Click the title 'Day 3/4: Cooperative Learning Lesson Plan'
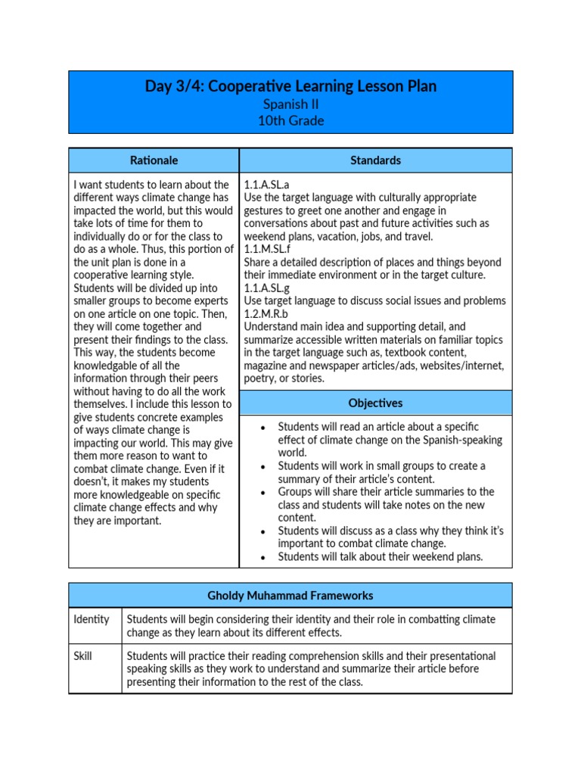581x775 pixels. (x=290, y=86)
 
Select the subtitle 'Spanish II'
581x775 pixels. (x=290, y=104)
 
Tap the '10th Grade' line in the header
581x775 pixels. (x=290, y=120)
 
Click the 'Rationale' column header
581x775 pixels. (x=154, y=160)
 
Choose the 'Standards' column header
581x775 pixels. (x=375, y=160)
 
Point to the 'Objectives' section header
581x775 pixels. (x=375, y=403)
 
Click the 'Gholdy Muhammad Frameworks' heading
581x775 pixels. (x=290, y=596)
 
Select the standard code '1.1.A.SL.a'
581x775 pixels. (x=266, y=185)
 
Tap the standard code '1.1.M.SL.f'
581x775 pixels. (x=268, y=249)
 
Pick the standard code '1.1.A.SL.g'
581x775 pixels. (x=267, y=288)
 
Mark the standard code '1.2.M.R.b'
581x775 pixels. (x=267, y=314)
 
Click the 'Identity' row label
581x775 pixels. (x=92, y=619)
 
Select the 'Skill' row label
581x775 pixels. (x=83, y=655)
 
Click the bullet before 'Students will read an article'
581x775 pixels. (x=262, y=428)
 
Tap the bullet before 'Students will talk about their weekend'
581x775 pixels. (x=262, y=558)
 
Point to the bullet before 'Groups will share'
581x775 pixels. (x=262, y=493)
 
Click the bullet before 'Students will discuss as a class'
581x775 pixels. (x=262, y=531)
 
